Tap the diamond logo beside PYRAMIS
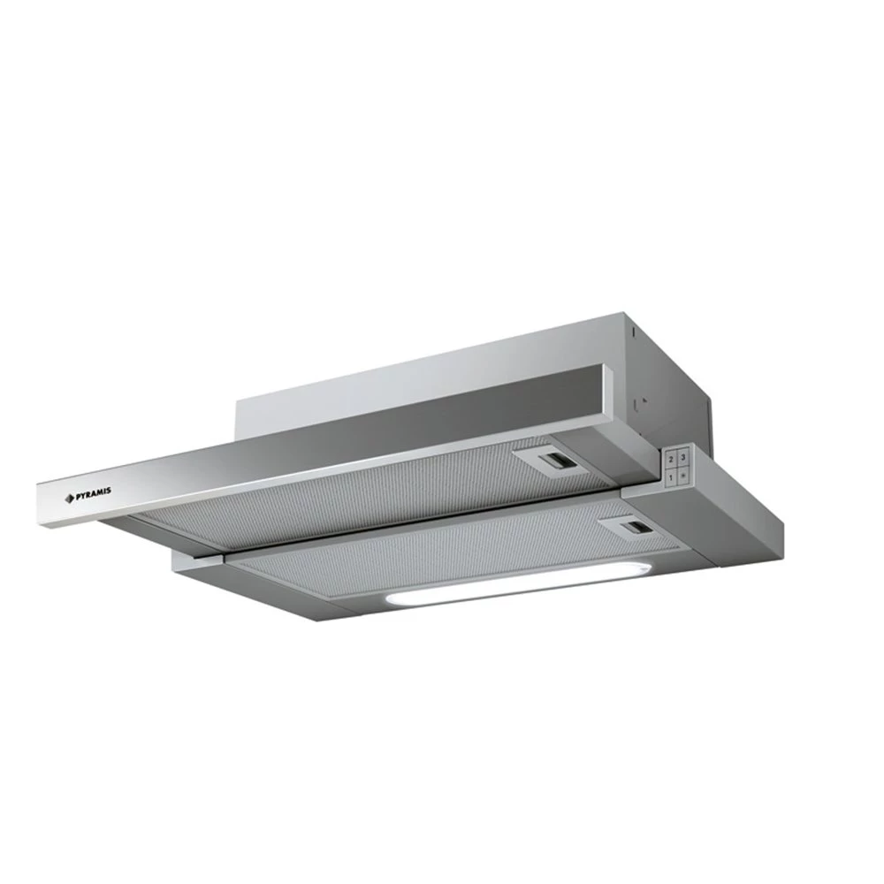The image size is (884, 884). pyautogui.click(x=70, y=497)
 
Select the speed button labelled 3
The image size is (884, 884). pyautogui.click(x=683, y=457)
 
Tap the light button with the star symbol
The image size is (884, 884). pyautogui.click(x=683, y=476)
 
